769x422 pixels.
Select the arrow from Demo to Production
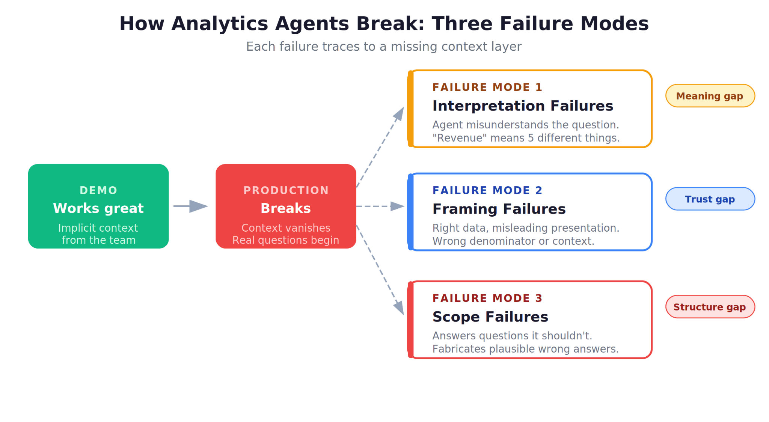(x=191, y=206)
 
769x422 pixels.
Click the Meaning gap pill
(x=710, y=96)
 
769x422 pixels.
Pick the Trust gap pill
(x=710, y=199)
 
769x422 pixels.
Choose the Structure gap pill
(x=710, y=307)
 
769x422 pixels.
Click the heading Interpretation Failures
(x=522, y=106)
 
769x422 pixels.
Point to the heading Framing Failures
(x=499, y=209)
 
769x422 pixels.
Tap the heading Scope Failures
(x=490, y=317)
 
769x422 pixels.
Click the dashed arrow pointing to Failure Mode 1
(x=380, y=147)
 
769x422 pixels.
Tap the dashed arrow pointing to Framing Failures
(x=380, y=206)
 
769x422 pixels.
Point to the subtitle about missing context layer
(x=384, y=47)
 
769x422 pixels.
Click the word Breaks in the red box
(x=286, y=208)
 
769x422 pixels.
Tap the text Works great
(x=98, y=208)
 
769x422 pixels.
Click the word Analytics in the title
(x=220, y=24)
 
